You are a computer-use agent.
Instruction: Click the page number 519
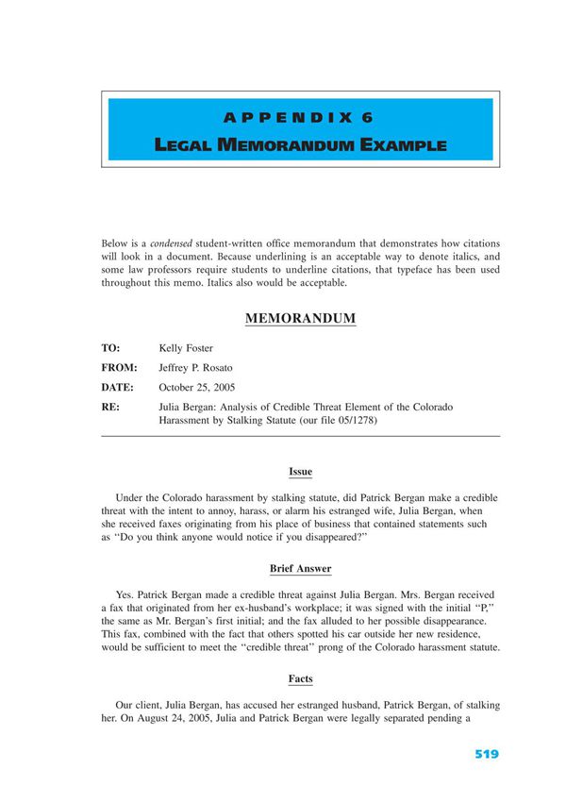486,754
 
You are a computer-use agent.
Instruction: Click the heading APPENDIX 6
300,118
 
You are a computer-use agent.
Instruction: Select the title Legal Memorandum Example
300,145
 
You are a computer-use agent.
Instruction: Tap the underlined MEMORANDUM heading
300,319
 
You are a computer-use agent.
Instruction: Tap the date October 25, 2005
197,387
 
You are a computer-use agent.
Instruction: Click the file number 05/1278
357,421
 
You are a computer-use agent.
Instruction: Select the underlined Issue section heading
300,472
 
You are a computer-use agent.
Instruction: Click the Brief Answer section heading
300,569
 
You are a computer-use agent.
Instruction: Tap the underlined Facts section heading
300,678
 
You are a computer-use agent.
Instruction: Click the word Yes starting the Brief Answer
124,594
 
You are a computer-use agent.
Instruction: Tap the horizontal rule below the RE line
300,436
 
